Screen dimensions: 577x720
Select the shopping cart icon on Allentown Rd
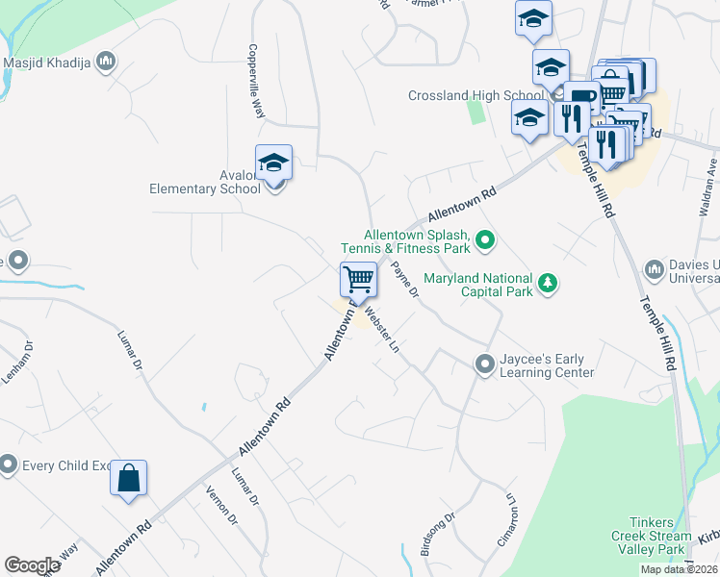[358, 280]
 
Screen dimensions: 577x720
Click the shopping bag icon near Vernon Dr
[129, 477]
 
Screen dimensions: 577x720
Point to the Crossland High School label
[476, 96]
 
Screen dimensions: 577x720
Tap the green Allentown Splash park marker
[486, 240]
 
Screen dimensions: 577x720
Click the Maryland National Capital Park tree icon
[548, 283]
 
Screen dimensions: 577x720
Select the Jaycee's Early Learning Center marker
[484, 364]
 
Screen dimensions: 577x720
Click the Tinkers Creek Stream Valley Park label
[651, 536]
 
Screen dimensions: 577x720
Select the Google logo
[32, 565]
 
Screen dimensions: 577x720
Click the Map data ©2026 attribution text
[679, 569]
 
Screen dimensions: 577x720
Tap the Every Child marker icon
[9, 465]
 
